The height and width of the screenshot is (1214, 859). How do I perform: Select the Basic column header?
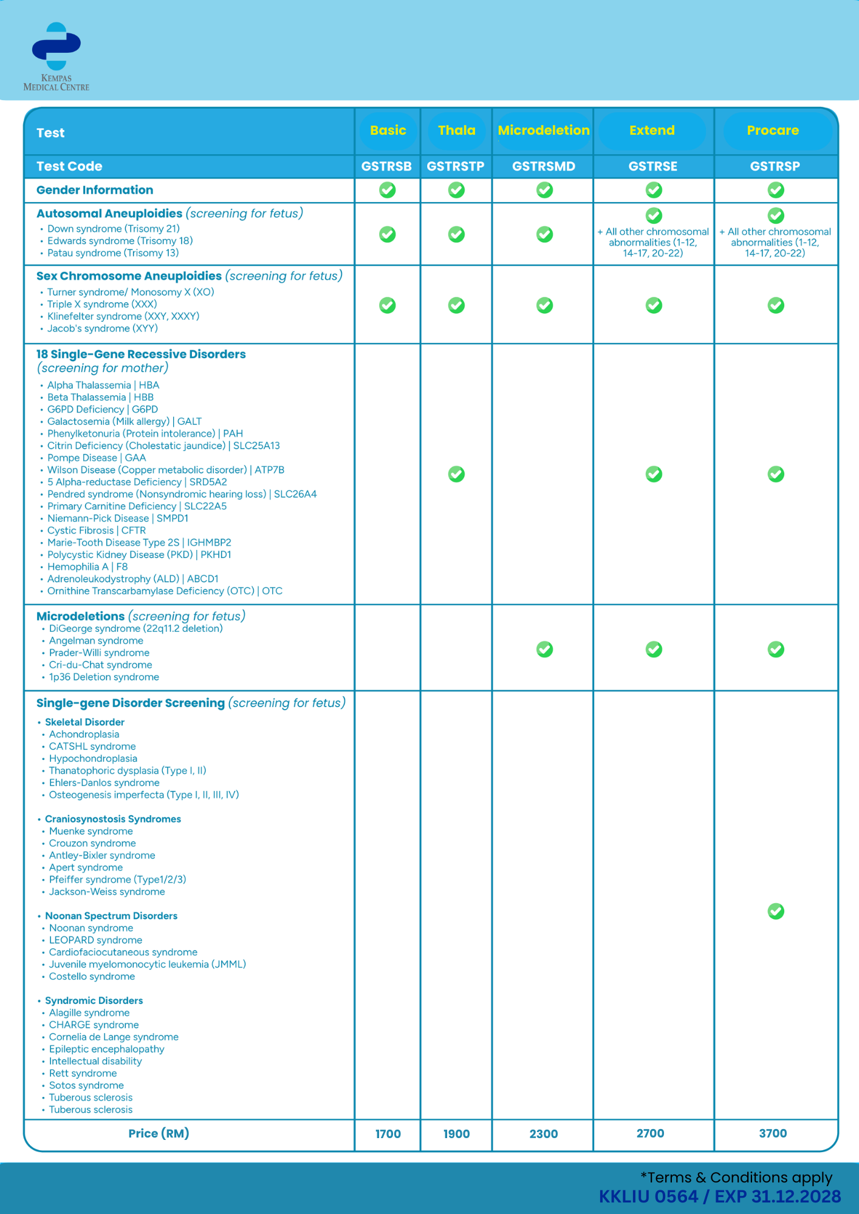[388, 131]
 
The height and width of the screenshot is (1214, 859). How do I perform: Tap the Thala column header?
[456, 131]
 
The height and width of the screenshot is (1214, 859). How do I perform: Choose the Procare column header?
[773, 131]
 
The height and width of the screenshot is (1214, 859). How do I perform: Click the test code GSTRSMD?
[543, 166]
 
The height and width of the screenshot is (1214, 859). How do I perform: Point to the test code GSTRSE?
[652, 166]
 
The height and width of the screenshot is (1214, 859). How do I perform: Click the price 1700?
[388, 1134]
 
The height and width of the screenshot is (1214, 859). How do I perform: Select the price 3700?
[773, 1133]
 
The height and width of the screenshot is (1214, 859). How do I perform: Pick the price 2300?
[543, 1134]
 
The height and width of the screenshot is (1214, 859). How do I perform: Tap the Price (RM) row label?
[159, 1133]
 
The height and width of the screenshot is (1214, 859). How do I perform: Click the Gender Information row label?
[95, 190]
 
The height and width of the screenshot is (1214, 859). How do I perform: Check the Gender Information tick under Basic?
[388, 190]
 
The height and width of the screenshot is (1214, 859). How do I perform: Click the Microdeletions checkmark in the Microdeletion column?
[544, 649]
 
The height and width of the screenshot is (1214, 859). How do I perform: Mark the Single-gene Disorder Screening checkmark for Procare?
[776, 911]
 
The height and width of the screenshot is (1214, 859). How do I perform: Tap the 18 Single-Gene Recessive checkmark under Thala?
[456, 474]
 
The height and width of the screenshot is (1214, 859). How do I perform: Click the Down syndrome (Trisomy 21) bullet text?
[114, 229]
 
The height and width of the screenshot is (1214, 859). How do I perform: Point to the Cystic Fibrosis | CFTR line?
[97, 531]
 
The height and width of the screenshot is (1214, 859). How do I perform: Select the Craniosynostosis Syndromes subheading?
[113, 819]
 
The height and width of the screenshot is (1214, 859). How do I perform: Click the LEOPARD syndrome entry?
[95, 940]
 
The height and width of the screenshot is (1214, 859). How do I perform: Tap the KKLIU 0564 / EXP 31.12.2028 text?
[720, 1196]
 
